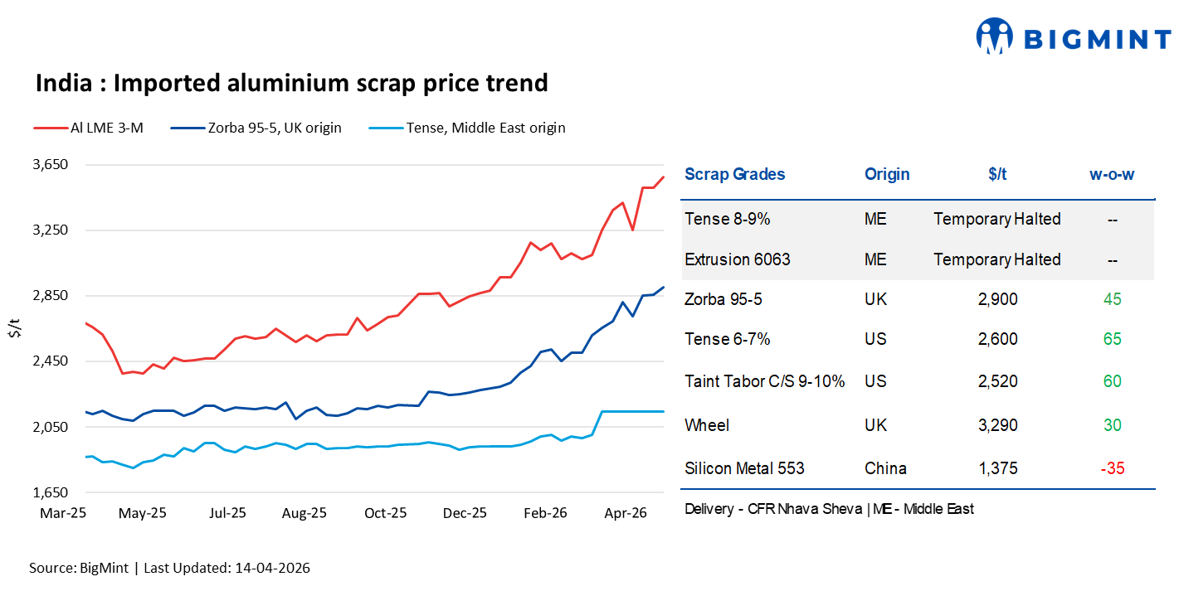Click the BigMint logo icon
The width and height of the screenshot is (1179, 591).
[x=995, y=36]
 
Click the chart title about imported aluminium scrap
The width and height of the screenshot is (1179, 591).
[x=291, y=83]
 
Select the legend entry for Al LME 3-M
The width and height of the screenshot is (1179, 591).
[x=89, y=128]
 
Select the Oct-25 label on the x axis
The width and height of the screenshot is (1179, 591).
[x=386, y=513]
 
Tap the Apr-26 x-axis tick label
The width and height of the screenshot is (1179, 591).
[x=626, y=513]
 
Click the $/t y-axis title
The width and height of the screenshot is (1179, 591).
[x=14, y=327]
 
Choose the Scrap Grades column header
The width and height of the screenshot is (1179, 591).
[x=734, y=174]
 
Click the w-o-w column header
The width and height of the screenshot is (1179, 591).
[x=1112, y=174]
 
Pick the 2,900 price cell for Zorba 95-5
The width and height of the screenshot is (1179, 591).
[x=997, y=299]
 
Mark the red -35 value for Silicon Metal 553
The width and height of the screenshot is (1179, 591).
[x=1112, y=468]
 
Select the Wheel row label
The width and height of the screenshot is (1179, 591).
[x=707, y=425]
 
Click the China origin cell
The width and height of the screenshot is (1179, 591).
[x=885, y=468]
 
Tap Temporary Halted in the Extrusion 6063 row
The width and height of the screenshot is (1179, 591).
[x=996, y=259]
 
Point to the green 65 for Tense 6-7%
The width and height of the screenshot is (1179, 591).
[x=1112, y=339]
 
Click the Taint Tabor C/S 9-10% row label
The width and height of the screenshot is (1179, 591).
[x=764, y=381]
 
